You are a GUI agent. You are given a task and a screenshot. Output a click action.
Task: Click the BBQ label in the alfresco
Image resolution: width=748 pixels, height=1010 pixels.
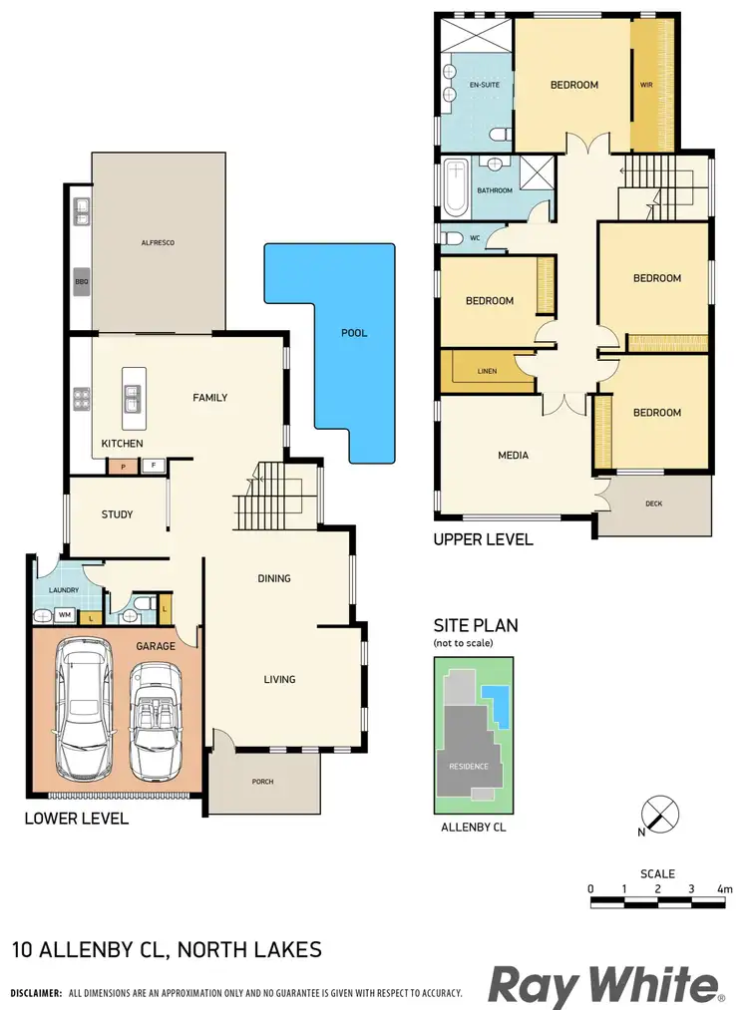click(x=81, y=282)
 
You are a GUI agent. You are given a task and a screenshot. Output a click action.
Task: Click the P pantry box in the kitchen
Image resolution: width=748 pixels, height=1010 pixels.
click(x=123, y=465)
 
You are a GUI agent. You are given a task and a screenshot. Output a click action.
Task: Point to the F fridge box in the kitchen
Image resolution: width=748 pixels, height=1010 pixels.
click(x=153, y=465)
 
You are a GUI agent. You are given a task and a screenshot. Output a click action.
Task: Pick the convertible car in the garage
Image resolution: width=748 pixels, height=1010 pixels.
click(x=157, y=720)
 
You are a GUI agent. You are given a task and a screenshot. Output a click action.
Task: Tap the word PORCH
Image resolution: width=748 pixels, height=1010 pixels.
click(x=262, y=782)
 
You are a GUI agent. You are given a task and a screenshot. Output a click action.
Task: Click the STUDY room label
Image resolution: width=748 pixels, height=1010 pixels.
click(x=117, y=514)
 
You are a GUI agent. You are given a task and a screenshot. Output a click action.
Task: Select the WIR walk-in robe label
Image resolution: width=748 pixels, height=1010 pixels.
click(x=645, y=86)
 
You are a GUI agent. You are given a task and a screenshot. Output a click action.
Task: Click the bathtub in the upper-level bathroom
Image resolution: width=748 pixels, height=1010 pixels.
click(x=455, y=187)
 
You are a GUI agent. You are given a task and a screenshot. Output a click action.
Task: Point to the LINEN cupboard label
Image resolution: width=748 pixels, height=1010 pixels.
click(x=487, y=371)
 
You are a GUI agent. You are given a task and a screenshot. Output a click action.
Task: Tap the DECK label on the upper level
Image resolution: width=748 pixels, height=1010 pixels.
click(x=653, y=505)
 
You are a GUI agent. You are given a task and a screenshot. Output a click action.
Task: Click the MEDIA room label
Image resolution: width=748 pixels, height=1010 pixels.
click(x=513, y=456)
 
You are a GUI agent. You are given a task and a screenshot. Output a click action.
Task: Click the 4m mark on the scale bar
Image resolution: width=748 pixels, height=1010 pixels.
click(x=723, y=888)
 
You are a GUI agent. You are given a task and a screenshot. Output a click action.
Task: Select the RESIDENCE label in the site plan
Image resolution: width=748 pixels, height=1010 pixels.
click(x=468, y=767)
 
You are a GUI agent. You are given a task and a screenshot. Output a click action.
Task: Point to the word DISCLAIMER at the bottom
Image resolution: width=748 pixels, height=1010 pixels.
click(x=35, y=994)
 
